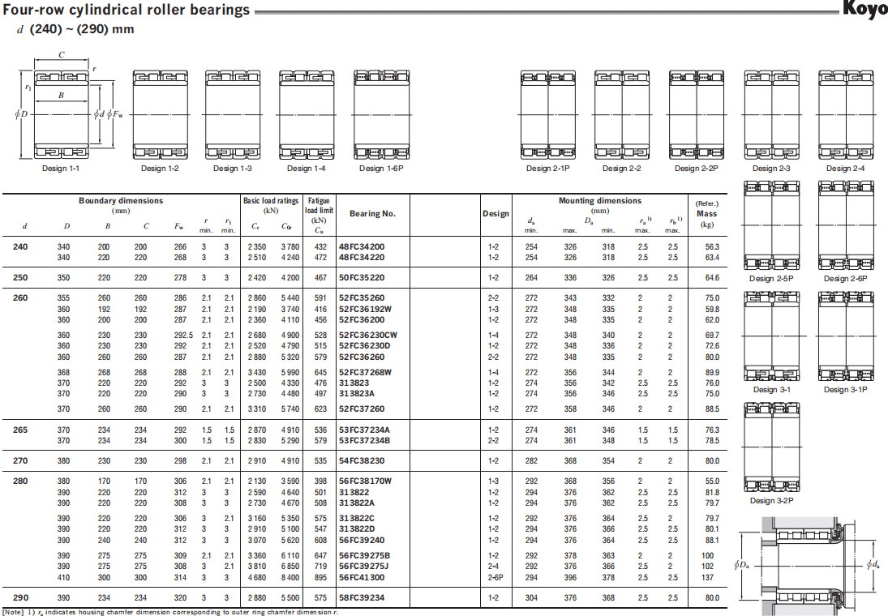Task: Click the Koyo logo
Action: pos(865,11)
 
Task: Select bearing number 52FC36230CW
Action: pos(369,336)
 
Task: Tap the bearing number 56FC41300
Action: pos(362,578)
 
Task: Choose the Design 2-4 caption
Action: pos(845,169)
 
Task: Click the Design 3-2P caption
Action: pos(771,500)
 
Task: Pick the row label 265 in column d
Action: pos(20,430)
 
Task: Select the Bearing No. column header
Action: pos(372,214)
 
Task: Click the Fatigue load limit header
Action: pos(320,205)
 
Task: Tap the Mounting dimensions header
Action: pos(599,201)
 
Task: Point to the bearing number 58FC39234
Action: pos(362,598)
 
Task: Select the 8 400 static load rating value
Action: pos(290,578)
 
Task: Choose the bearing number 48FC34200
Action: pos(362,247)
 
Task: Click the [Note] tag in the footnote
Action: pos(14,612)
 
